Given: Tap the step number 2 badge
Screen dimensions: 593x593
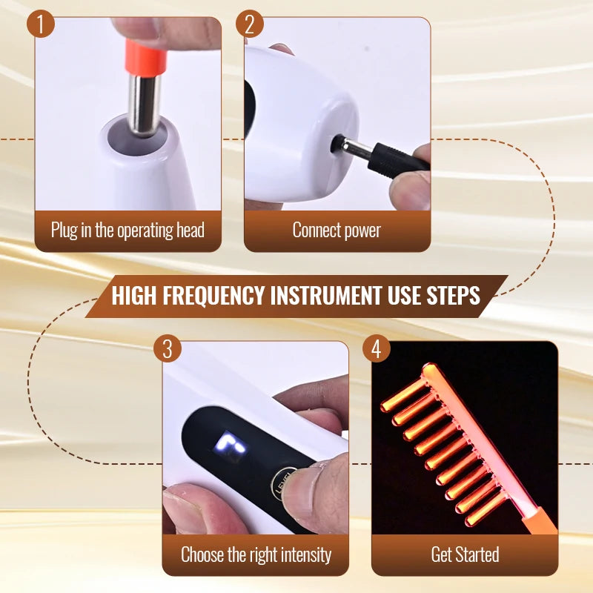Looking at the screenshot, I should click(x=251, y=25).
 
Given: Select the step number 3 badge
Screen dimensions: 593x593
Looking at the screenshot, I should click(x=167, y=348).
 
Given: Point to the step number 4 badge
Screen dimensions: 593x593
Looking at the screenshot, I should click(x=376, y=348).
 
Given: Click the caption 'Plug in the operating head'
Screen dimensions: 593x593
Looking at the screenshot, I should click(x=127, y=230).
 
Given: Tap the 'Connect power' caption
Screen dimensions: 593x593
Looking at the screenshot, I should click(x=337, y=230).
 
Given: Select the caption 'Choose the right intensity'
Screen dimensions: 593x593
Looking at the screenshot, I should click(x=256, y=554).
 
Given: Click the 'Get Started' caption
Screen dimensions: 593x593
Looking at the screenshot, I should click(x=465, y=554).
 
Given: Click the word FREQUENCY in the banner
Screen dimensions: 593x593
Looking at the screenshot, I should click(x=211, y=296).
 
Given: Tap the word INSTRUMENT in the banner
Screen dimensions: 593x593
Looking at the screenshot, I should click(x=325, y=296).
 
